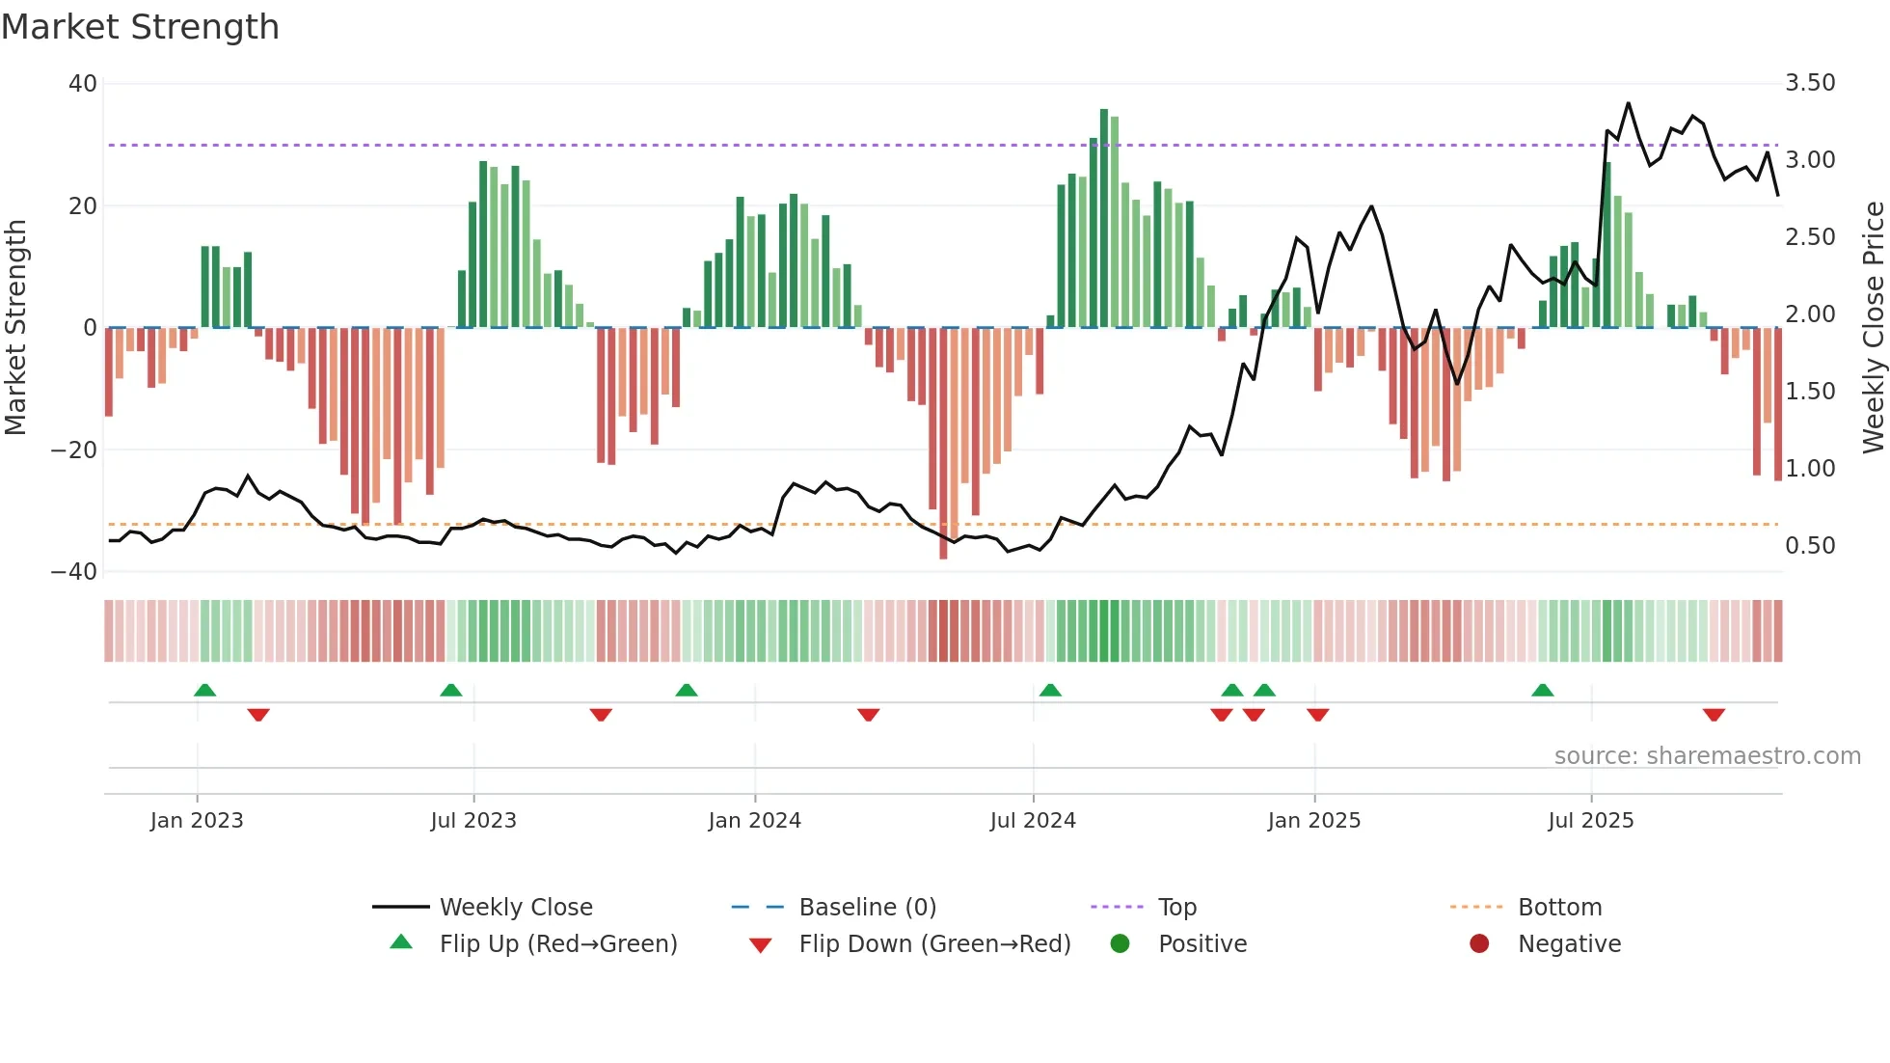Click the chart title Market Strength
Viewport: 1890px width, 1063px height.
point(141,27)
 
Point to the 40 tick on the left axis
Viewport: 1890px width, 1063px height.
point(83,84)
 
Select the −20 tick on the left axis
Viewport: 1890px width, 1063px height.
point(74,450)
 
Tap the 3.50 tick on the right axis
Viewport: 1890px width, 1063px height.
point(1810,83)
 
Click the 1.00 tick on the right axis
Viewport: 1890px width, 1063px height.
point(1810,469)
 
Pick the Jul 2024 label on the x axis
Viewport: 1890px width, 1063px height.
point(1033,821)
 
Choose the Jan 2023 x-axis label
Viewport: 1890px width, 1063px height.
point(197,821)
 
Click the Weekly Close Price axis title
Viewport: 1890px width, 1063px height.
point(1873,328)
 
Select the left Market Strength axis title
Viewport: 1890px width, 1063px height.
point(16,328)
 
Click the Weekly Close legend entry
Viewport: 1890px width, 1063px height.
point(516,908)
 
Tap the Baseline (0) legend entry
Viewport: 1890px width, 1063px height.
point(867,908)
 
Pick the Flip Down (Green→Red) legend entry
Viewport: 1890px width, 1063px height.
point(934,944)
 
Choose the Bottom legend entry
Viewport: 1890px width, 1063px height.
point(1559,908)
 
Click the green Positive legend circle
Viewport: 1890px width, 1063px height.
point(1120,944)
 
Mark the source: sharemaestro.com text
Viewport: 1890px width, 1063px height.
point(1707,756)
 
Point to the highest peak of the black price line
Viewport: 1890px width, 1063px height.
point(1629,103)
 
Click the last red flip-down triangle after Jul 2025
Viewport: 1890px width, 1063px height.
point(1714,715)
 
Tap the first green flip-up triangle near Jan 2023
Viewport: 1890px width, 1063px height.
point(204,690)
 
